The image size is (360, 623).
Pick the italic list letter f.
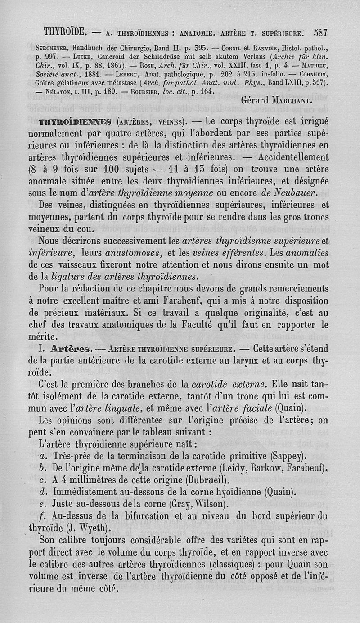tap(42, 515)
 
